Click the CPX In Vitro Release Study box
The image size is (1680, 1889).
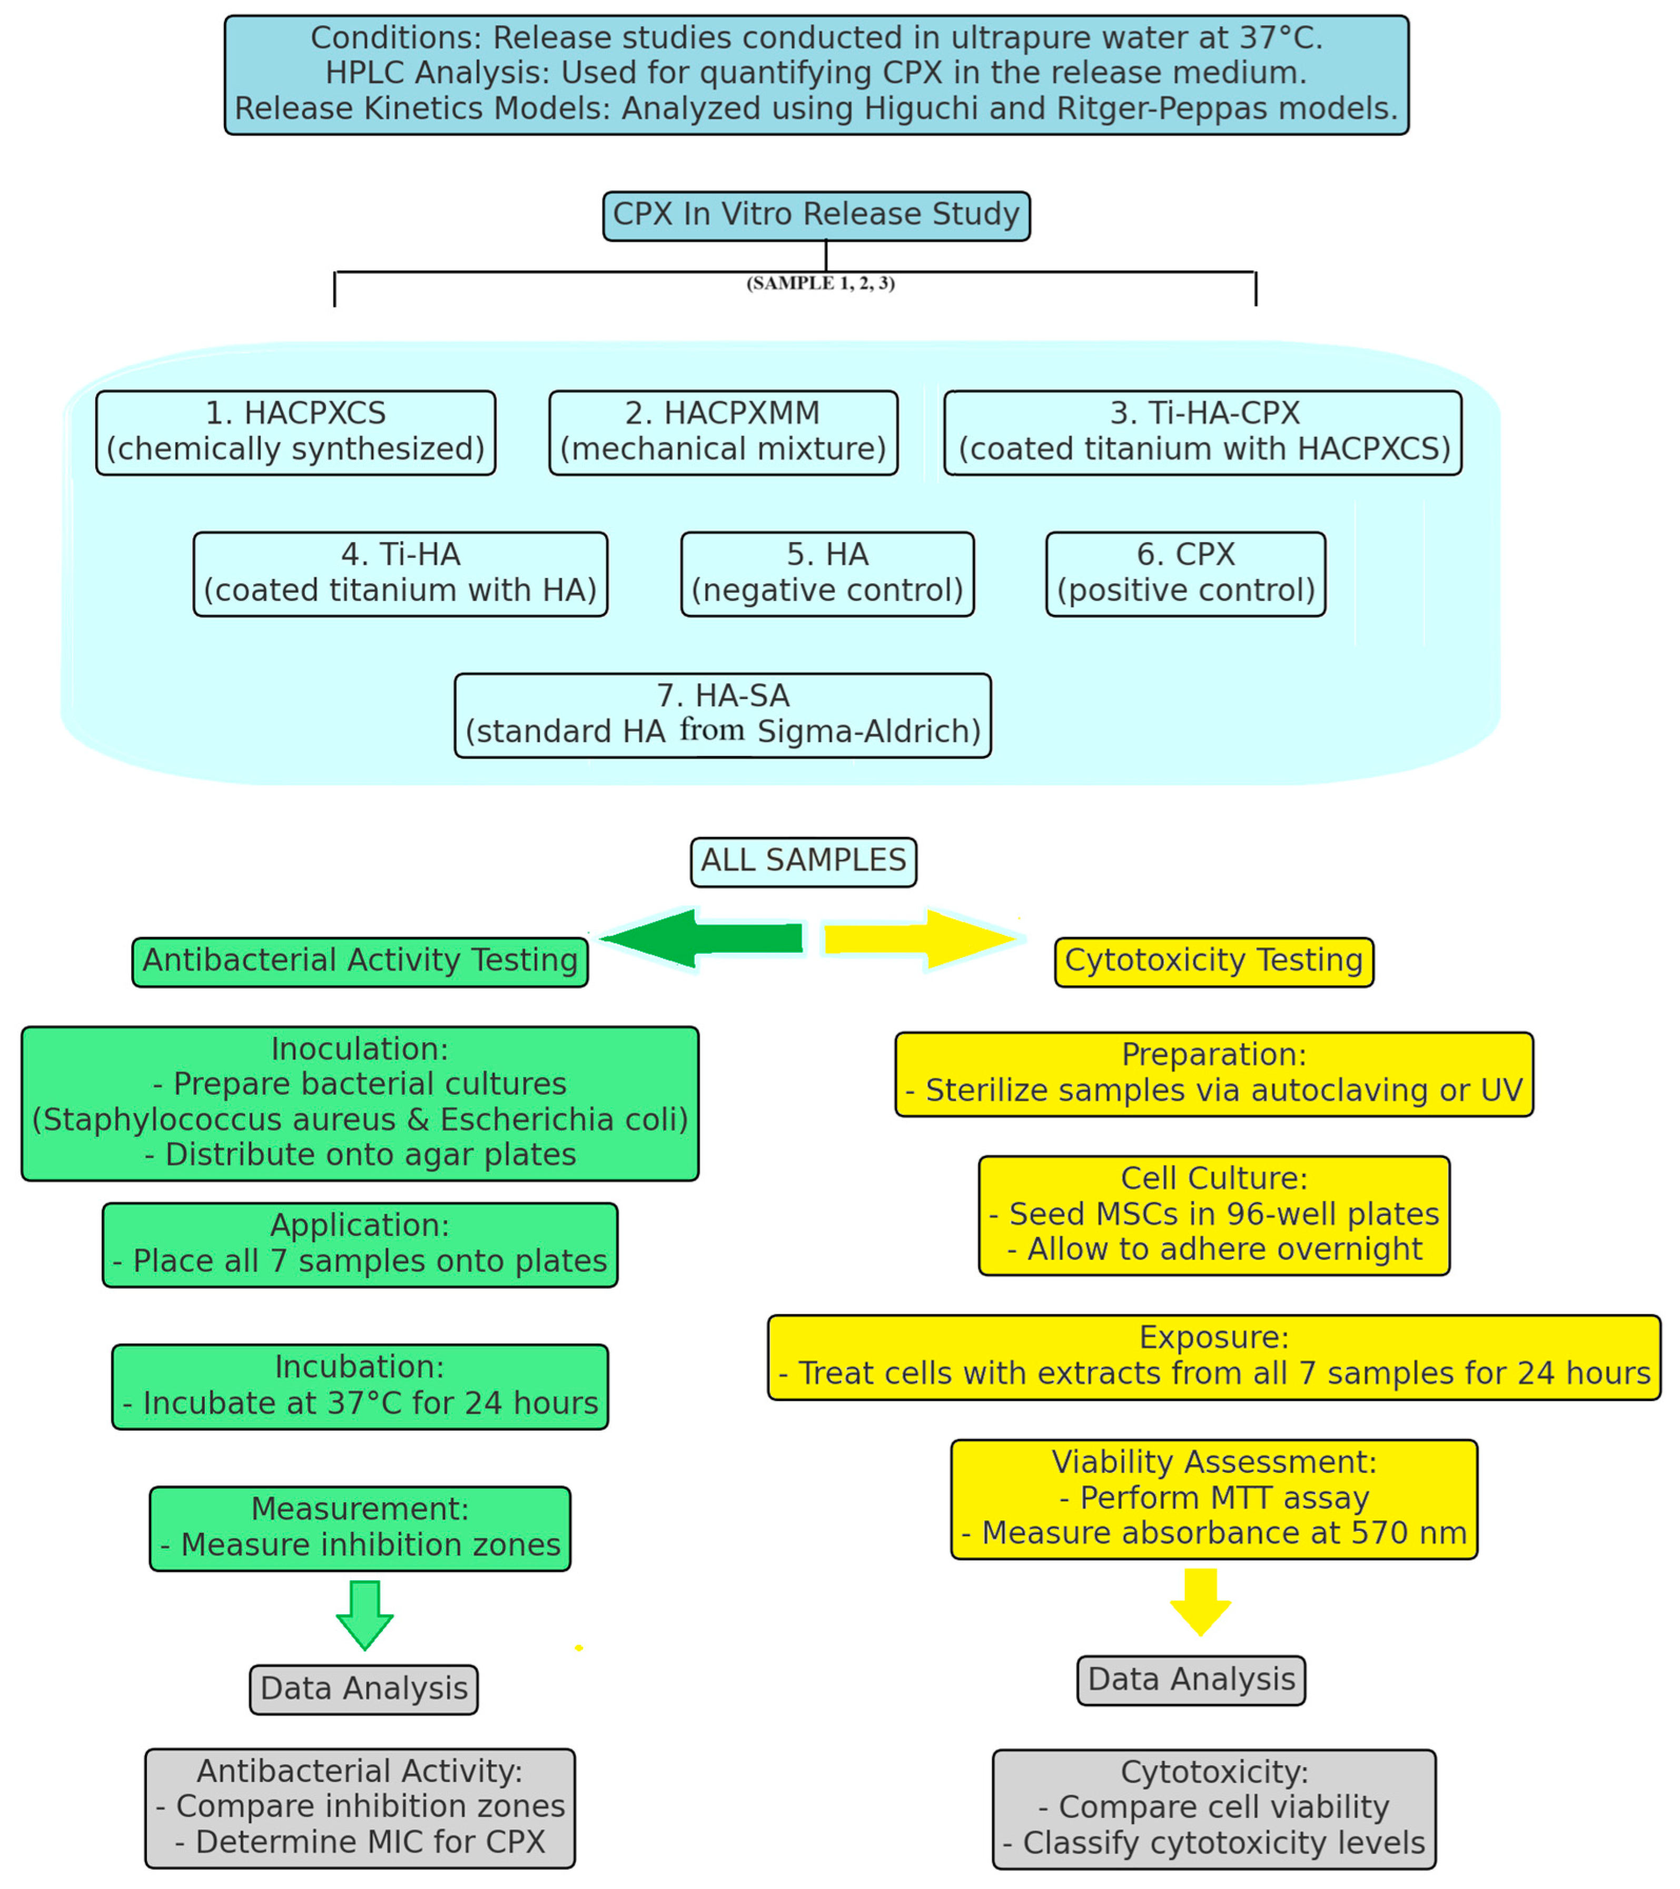pyautogui.click(x=816, y=215)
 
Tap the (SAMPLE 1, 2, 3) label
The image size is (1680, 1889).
pyautogui.click(x=821, y=283)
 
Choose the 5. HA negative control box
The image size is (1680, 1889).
pyautogui.click(x=827, y=573)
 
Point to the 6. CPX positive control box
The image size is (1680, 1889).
pyautogui.click(x=1185, y=573)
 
